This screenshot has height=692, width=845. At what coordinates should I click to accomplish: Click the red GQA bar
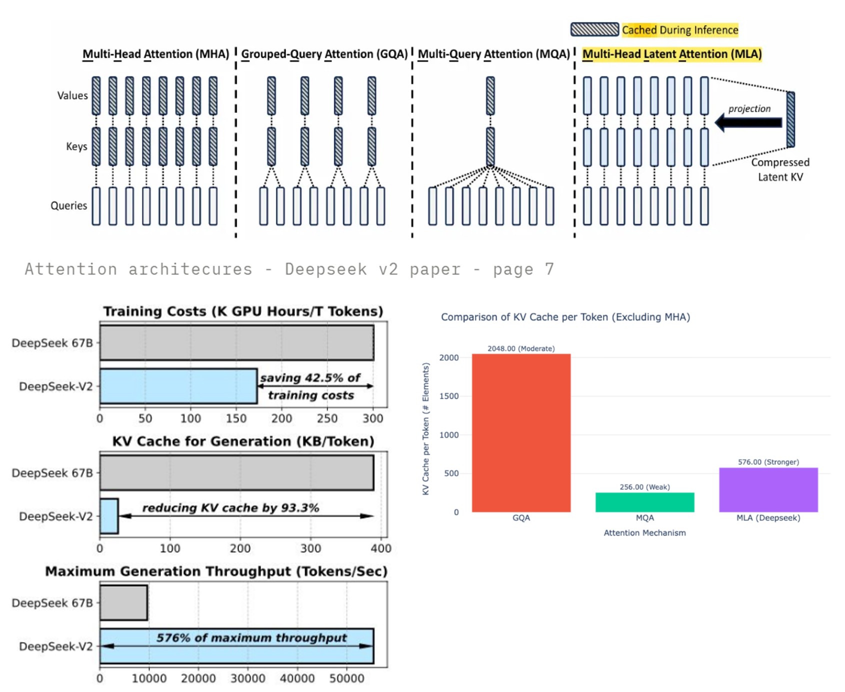click(521, 433)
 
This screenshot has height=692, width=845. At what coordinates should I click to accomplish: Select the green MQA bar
click(644, 502)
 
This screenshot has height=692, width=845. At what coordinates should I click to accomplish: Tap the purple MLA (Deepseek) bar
click(768, 490)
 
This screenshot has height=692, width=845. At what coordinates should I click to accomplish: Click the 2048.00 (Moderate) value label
click(521, 348)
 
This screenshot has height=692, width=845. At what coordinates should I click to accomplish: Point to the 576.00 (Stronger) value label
click(768, 462)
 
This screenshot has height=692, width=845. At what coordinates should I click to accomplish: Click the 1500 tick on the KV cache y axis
click(448, 396)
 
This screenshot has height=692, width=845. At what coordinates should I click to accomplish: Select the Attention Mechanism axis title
click(644, 533)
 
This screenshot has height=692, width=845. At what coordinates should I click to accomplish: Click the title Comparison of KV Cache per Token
click(565, 317)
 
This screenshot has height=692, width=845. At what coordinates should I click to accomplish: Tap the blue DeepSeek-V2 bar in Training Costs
click(178, 386)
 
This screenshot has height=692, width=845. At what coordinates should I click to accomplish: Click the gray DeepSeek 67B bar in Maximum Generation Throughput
click(123, 603)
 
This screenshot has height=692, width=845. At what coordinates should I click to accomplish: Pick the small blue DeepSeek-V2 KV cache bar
click(109, 516)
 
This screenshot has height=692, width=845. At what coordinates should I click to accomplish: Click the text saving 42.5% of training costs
click(310, 386)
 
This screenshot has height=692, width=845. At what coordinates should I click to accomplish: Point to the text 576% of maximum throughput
click(251, 638)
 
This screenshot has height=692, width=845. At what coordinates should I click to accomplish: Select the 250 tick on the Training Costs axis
click(327, 418)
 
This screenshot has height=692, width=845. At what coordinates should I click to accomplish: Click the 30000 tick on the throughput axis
click(247, 678)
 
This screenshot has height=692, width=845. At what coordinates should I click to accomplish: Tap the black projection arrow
click(748, 122)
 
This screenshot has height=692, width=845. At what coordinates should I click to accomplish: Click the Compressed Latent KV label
click(780, 169)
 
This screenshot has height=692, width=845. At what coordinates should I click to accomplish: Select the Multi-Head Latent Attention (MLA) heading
click(671, 54)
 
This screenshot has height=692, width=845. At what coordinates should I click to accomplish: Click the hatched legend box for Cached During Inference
click(594, 29)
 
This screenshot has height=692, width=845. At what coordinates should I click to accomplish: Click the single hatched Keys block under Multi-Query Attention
click(490, 146)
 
